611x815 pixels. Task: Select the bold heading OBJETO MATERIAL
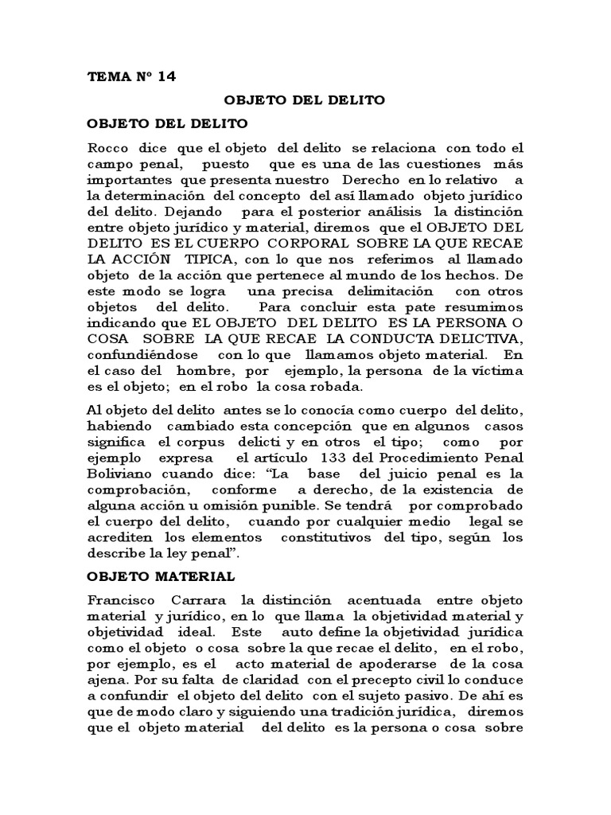point(160,575)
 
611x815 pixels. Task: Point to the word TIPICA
point(207,259)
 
